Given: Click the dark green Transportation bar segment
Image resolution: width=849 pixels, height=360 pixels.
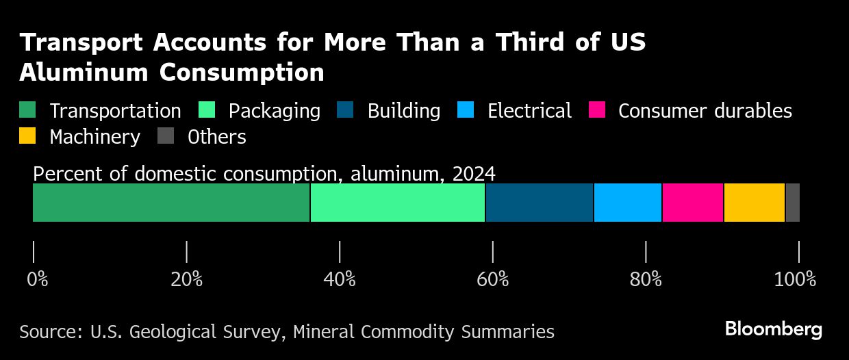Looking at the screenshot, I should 171,203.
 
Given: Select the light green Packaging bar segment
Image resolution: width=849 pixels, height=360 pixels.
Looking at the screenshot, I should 398,203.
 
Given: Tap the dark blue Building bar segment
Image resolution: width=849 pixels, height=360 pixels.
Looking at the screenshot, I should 540,203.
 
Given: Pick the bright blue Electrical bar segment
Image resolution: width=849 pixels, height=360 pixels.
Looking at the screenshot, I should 628,203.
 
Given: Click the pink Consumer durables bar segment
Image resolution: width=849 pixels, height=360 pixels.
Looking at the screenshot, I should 693,203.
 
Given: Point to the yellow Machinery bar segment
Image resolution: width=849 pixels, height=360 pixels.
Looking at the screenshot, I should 755,203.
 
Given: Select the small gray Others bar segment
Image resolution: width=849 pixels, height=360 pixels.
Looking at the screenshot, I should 793,203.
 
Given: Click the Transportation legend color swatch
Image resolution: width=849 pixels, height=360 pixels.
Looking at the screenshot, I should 27,111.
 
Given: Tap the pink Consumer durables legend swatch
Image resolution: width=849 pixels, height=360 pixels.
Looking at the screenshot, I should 597,111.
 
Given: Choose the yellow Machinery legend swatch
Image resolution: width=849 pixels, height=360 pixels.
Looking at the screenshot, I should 27,136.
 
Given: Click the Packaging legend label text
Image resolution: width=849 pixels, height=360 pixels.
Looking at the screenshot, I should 274,111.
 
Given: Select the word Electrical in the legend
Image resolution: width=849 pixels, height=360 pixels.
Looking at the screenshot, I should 529,111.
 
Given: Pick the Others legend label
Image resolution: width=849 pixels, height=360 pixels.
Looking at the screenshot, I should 216,137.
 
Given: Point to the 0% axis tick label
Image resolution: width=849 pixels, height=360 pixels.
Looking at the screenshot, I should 38,279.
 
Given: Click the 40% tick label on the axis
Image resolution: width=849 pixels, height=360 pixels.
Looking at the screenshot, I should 340,279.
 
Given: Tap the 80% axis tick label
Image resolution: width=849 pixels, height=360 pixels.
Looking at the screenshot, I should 646,279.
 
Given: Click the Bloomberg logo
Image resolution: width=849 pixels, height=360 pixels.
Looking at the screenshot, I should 774,329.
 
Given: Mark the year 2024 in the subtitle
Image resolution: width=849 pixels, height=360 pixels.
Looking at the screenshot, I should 473,173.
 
